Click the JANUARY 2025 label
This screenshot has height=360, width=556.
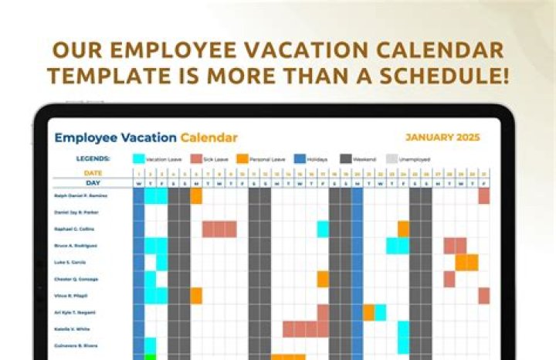tap(442, 138)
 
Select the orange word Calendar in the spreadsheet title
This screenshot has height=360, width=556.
tap(209, 138)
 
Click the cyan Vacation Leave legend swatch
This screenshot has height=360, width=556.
tap(138, 159)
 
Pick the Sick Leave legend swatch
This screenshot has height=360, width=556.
tap(196, 159)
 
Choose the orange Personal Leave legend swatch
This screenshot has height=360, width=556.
tap(242, 159)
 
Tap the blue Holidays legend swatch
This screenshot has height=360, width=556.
tap(299, 159)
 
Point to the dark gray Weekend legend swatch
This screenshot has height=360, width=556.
tap(345, 159)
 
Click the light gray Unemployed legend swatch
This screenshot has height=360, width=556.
tap(392, 159)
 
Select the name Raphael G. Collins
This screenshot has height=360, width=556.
tap(76, 229)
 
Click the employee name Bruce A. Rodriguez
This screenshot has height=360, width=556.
tap(77, 246)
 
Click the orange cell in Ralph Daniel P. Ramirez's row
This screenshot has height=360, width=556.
tap(196, 196)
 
